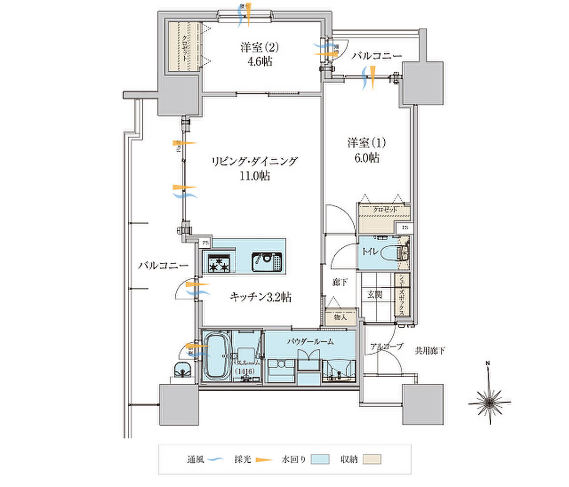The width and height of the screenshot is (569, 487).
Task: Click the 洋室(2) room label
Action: tap(259, 48)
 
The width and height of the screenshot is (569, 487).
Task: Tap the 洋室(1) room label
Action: tap(366, 143)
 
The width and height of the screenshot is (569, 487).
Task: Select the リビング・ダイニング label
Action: tap(254, 161)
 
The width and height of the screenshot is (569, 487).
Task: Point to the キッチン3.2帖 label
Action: tap(260, 298)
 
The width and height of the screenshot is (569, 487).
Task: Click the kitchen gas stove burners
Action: tap(219, 263)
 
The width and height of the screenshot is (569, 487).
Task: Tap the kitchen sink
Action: tap(267, 262)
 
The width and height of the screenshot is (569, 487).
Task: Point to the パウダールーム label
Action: tap(310, 341)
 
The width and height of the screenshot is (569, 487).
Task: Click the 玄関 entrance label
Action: tap(374, 295)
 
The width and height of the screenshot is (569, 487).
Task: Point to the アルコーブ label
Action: tap(386, 346)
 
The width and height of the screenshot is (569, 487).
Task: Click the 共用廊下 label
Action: tap(429, 351)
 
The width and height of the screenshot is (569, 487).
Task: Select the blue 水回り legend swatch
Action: tap(320, 459)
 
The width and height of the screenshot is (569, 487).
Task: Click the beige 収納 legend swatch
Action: tap(372, 459)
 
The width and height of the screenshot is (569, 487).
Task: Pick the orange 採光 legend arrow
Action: tap(263, 460)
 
